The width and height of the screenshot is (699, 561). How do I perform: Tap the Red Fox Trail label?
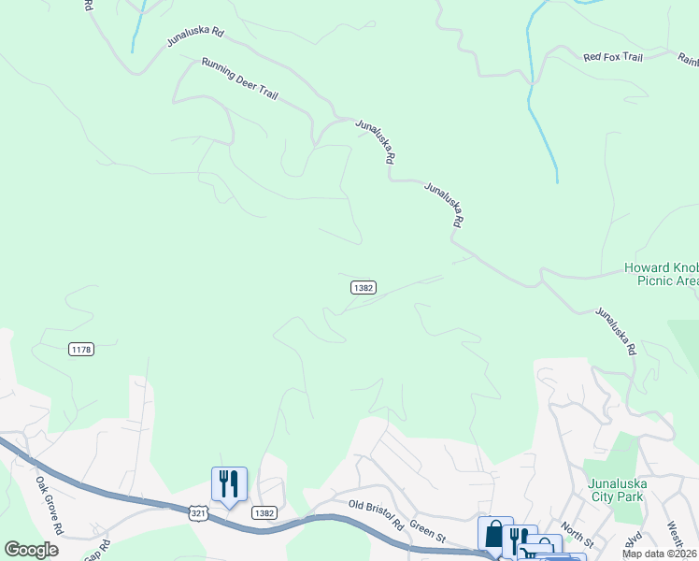tap(613, 57)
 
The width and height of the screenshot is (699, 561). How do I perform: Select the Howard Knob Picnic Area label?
tap(661, 274)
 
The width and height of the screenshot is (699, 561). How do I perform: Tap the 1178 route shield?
tap(81, 349)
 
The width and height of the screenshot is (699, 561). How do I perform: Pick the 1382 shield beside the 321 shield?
tap(263, 512)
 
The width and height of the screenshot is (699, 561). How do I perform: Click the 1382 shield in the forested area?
tap(364, 288)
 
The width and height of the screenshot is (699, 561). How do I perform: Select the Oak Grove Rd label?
tap(49, 506)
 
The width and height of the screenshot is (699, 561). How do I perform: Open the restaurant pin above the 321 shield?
tap(229, 484)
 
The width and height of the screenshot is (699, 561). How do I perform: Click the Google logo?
tap(31, 550)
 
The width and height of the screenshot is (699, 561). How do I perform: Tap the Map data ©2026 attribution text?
tap(658, 554)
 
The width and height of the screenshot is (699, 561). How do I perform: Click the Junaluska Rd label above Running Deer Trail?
tap(195, 37)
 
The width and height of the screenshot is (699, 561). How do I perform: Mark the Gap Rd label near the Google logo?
tap(96, 550)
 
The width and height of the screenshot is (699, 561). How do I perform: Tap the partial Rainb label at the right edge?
tap(689, 59)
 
